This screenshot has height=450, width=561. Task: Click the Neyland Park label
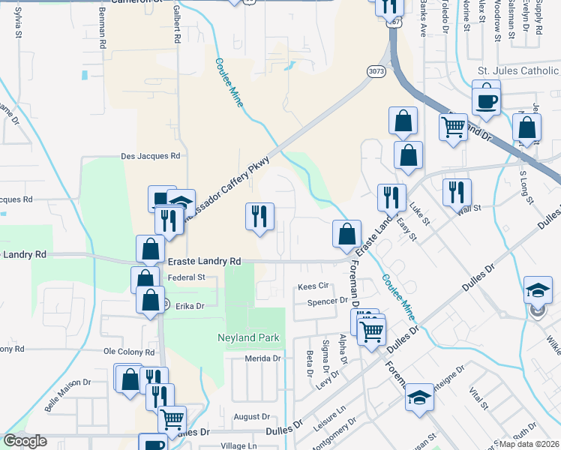click(x=248, y=337)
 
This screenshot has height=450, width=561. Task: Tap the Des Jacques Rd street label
click(x=151, y=157)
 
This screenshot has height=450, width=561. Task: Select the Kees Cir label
click(x=313, y=286)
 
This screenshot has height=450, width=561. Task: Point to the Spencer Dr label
click(x=328, y=301)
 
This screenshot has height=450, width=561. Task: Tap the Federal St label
click(x=187, y=277)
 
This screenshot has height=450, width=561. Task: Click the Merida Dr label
click(x=262, y=358)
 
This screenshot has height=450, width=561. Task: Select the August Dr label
click(x=251, y=416)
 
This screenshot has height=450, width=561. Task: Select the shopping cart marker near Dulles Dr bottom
click(x=172, y=420)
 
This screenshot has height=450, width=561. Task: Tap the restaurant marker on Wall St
click(x=456, y=192)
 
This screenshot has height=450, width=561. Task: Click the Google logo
click(x=25, y=441)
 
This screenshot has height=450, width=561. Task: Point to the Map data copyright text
click(x=529, y=443)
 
